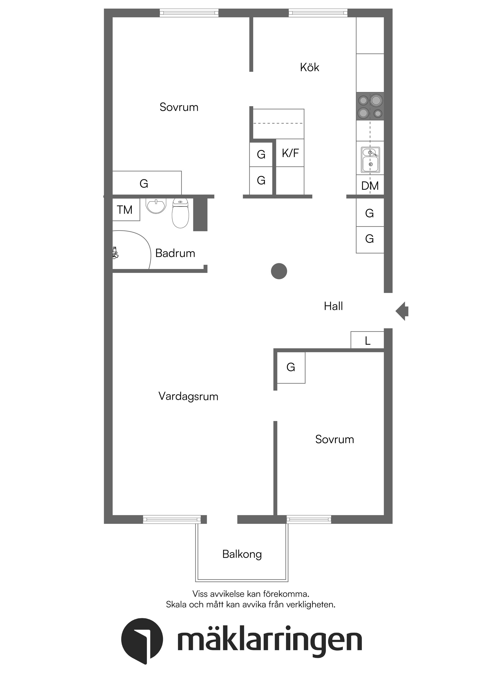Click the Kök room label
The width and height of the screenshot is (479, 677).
(309, 67)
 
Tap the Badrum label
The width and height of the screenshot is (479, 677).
(175, 253)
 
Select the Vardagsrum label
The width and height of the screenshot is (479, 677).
(188, 396)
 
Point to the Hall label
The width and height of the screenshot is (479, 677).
(333, 306)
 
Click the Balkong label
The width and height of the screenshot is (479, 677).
(242, 554)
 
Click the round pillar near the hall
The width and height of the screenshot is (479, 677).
(279, 271)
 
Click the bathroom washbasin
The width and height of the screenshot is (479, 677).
(156, 205)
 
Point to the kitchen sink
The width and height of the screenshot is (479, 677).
(370, 160)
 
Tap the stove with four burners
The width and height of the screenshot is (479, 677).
(370, 106)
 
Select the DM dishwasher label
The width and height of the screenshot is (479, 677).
(370, 186)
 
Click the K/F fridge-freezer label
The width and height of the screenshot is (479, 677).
(290, 153)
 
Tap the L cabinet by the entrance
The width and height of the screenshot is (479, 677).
(367, 341)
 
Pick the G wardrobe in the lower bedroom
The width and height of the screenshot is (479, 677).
(291, 367)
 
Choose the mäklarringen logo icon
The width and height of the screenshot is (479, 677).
(142, 641)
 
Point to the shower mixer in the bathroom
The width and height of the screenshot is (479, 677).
(115, 253)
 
